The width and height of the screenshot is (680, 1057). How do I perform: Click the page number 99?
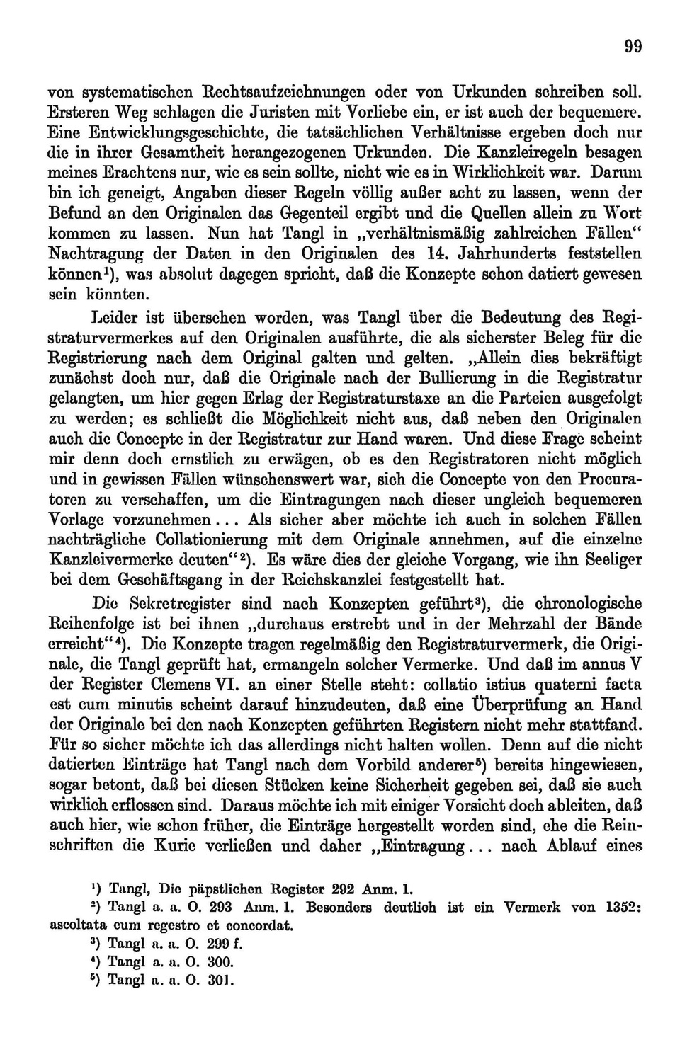(633, 47)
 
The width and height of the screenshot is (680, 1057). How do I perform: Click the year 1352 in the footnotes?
(623, 906)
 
